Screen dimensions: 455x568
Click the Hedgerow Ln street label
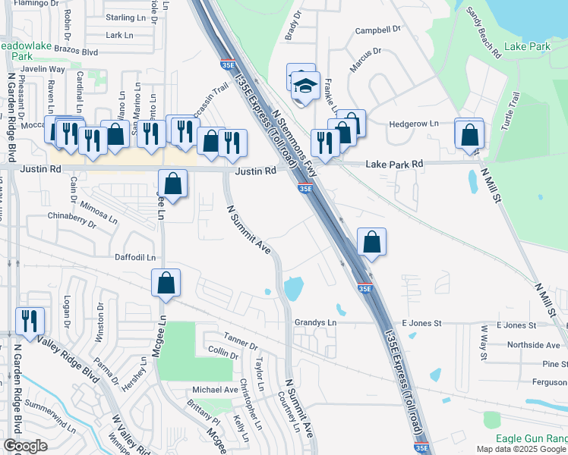click(414, 124)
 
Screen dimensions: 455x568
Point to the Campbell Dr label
click(377, 30)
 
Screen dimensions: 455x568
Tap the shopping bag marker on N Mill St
click(470, 136)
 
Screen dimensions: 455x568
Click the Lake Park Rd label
click(393, 164)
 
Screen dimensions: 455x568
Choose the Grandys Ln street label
click(315, 322)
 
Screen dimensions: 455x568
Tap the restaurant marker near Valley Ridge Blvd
click(30, 321)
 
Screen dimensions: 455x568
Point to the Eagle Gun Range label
click(532, 438)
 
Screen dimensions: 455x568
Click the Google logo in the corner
click(26, 446)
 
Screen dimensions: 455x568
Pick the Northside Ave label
click(533, 344)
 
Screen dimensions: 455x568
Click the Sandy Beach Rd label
click(484, 33)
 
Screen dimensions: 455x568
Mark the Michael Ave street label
click(215, 389)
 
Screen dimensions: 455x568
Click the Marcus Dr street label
click(365, 60)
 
